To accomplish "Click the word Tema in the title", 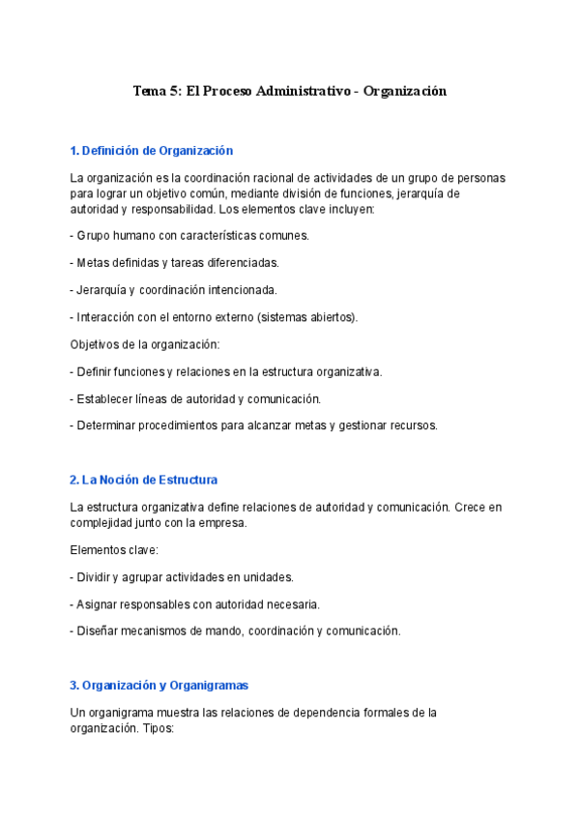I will (x=150, y=91).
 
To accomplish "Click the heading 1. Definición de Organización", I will (x=152, y=151).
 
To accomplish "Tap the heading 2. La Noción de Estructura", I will (x=144, y=480).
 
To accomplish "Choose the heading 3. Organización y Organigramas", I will (x=159, y=686).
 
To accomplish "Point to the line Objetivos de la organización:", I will (x=145, y=344).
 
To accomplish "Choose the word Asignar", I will (x=99, y=604).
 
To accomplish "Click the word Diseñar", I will (x=99, y=631).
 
